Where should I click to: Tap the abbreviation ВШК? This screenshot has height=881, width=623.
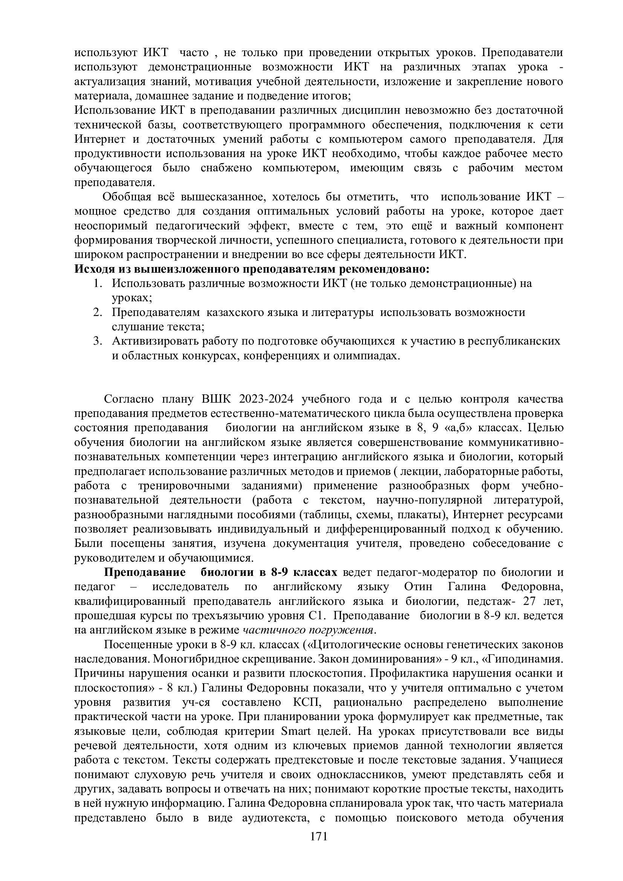click(216, 399)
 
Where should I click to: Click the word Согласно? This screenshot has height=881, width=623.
click(128, 399)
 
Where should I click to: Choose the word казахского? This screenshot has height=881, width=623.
click(233, 313)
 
